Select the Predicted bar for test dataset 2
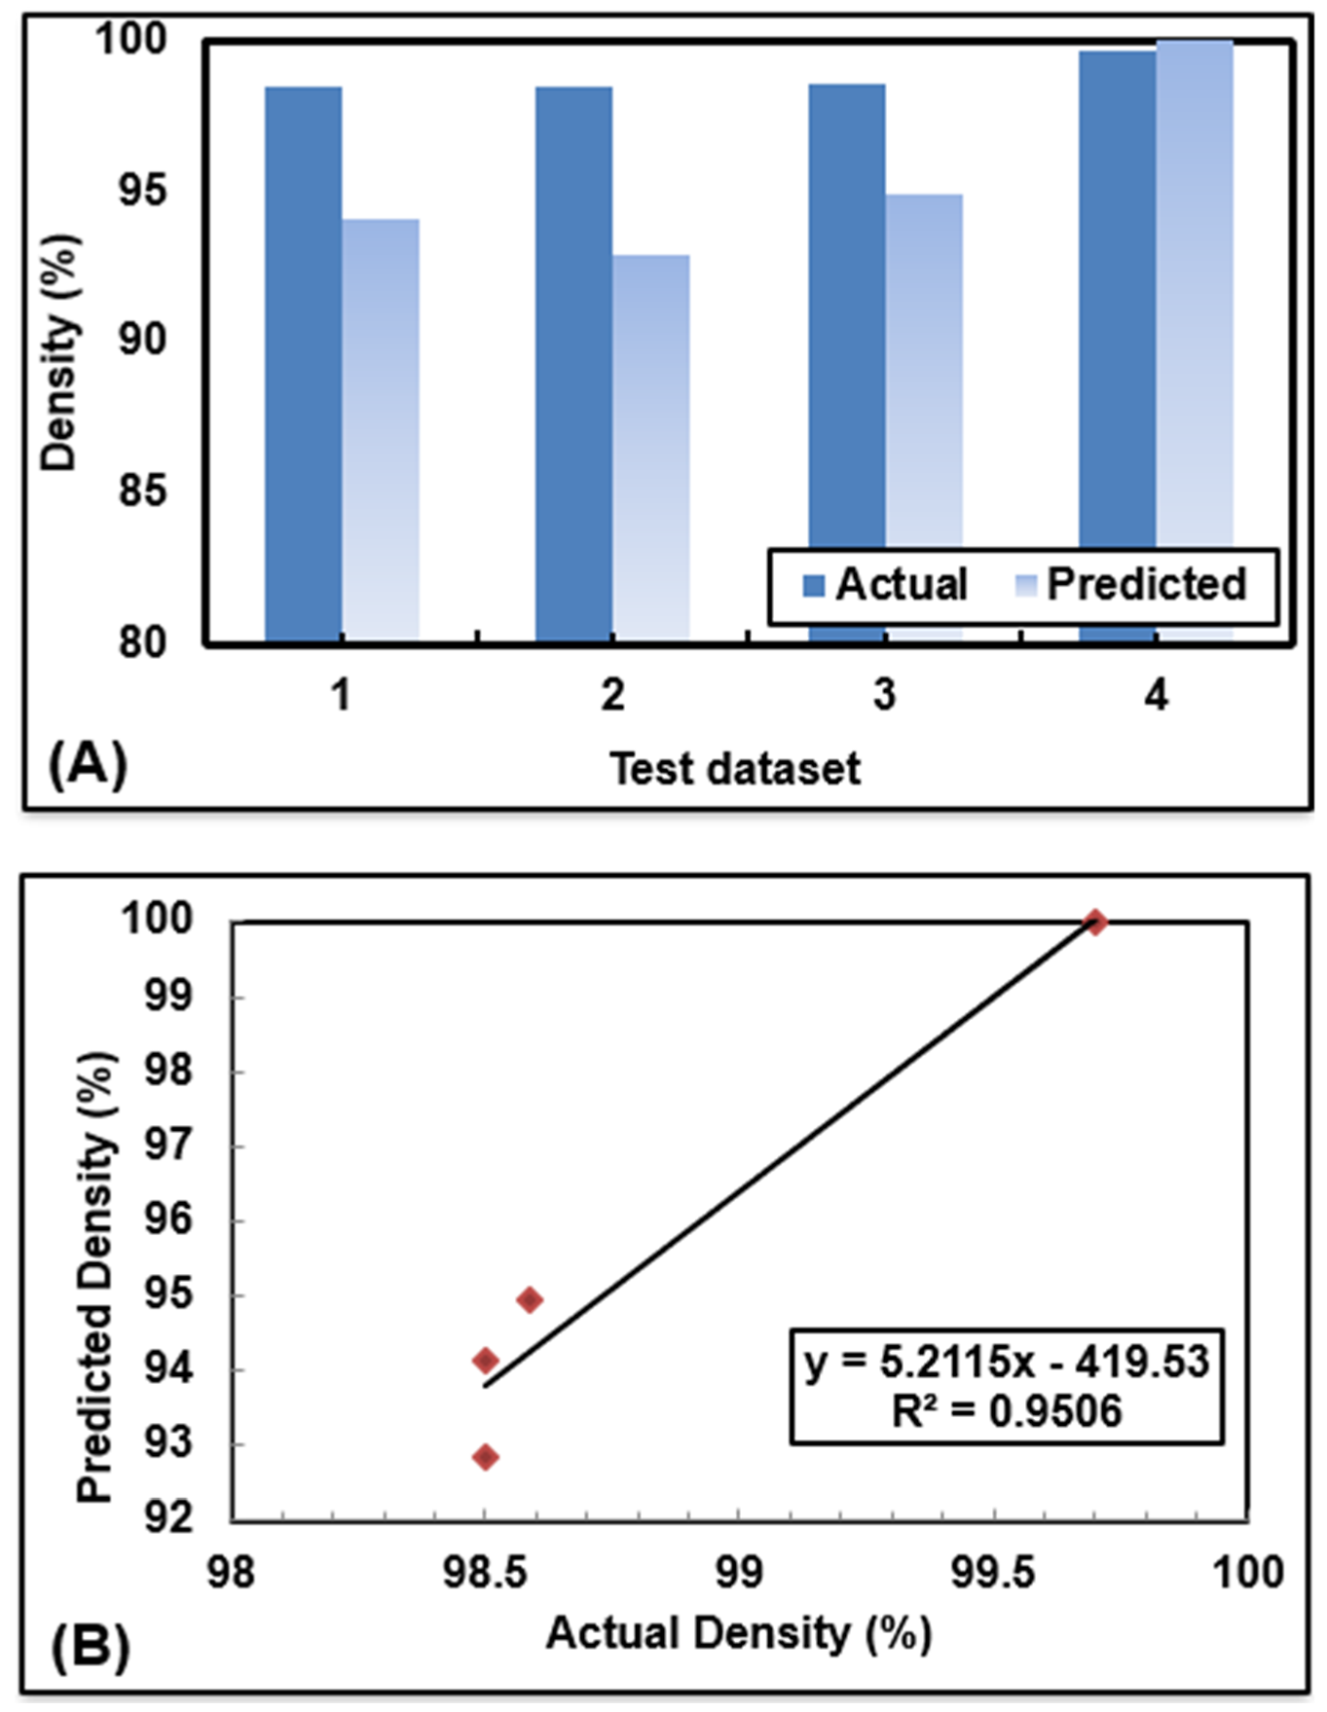point(650,448)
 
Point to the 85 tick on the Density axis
point(142,490)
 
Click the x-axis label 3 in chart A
point(883,696)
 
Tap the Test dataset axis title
point(735,769)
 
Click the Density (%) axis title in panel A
point(58,352)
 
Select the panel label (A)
point(88,764)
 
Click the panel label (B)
point(90,1648)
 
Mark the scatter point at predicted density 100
point(1095,922)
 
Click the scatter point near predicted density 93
point(485,1457)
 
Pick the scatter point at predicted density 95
point(530,1299)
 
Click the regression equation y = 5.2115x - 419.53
point(1006,1362)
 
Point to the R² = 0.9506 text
point(1006,1410)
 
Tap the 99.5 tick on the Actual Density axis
point(993,1573)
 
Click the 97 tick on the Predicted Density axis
point(168,1147)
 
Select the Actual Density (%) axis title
point(738,1633)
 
